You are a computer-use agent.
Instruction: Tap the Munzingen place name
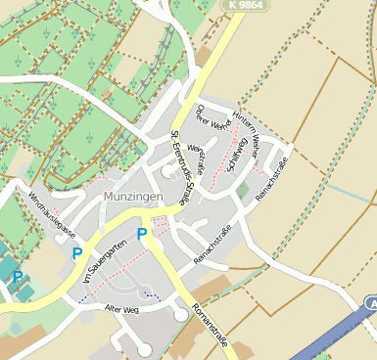130,197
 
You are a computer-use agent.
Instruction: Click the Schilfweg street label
236,154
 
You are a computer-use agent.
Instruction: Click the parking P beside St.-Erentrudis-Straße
142,234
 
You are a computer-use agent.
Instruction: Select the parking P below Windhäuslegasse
77,253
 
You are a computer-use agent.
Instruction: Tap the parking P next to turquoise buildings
18,277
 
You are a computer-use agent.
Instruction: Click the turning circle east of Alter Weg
180,315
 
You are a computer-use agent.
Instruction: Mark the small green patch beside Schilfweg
242,190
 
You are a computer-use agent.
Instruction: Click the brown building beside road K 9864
205,56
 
